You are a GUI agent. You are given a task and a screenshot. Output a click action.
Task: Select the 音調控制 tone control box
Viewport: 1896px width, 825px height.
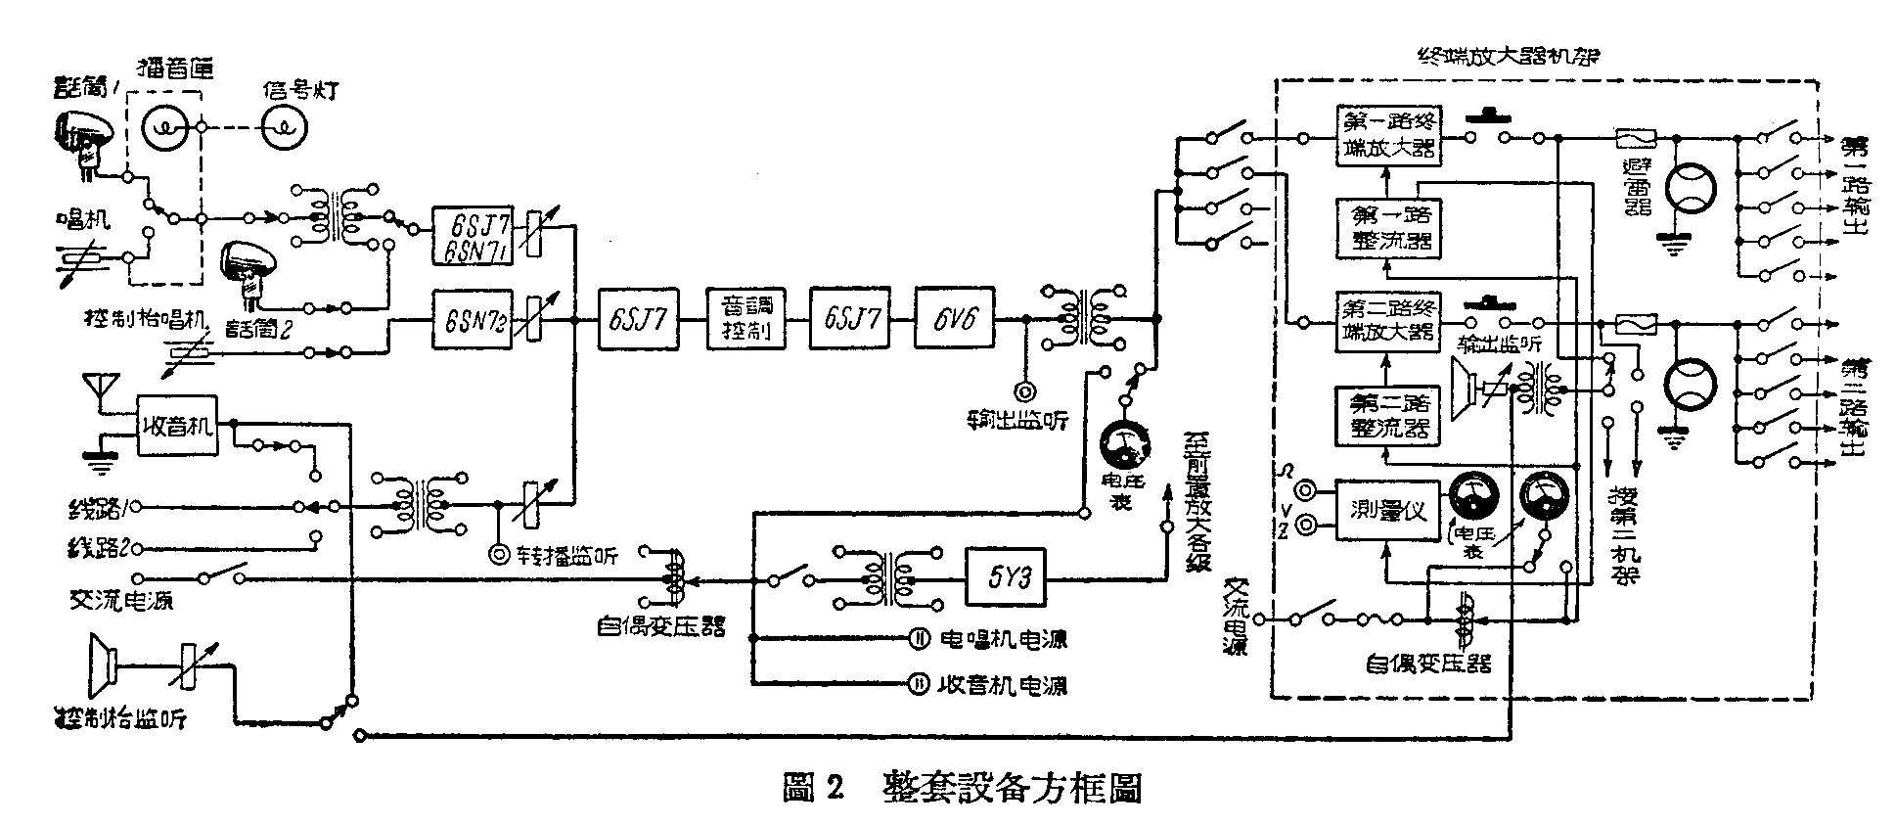coord(746,318)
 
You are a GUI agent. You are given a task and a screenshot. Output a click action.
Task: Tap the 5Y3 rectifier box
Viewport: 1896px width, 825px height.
coord(1005,578)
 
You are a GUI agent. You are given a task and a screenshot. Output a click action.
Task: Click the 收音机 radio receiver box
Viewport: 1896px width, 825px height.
coord(176,426)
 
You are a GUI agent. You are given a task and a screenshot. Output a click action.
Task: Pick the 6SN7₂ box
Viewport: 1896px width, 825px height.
coord(473,318)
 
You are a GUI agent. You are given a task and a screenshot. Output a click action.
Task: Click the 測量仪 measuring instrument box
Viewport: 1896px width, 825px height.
coord(1387,510)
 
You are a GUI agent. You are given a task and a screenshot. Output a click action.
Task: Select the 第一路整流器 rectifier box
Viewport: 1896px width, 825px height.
coord(1386,227)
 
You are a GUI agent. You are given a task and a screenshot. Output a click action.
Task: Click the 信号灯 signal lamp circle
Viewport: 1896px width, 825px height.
coord(284,127)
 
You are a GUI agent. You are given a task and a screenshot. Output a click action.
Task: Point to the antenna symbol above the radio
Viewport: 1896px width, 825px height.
coord(100,387)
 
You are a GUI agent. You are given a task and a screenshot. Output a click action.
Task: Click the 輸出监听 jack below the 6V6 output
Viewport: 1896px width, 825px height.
coord(1025,392)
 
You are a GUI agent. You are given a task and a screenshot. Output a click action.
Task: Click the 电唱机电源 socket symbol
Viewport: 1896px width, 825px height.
coord(920,639)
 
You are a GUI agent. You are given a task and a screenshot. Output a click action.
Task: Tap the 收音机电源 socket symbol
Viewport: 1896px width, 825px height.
coord(920,683)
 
